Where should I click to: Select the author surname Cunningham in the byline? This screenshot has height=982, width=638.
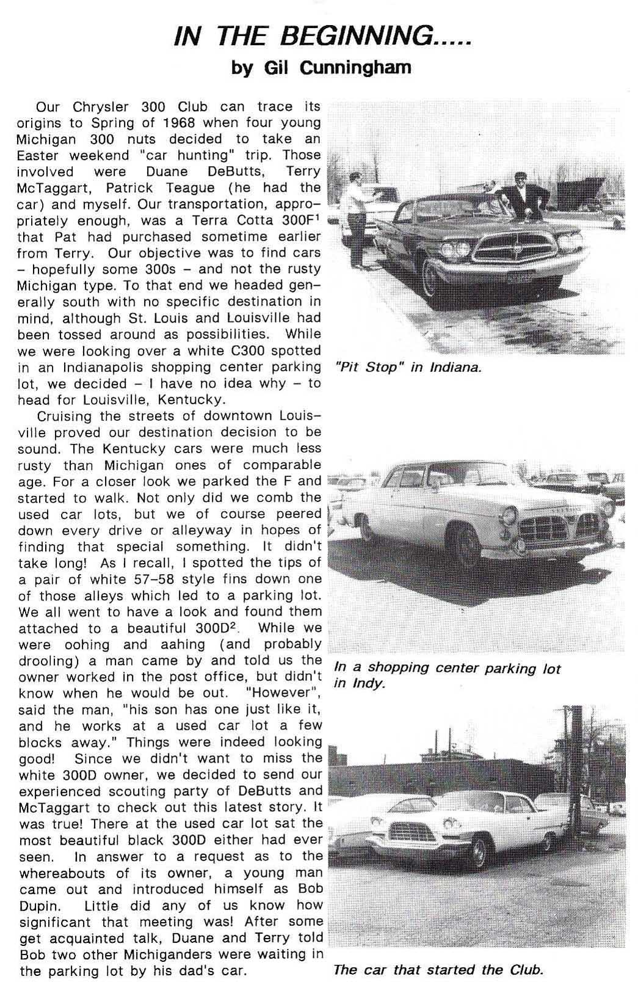pyautogui.click(x=355, y=67)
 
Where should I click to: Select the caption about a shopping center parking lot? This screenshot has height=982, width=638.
pyautogui.click(x=447, y=675)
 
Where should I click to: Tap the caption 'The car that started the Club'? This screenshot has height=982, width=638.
pyautogui.click(x=438, y=969)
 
